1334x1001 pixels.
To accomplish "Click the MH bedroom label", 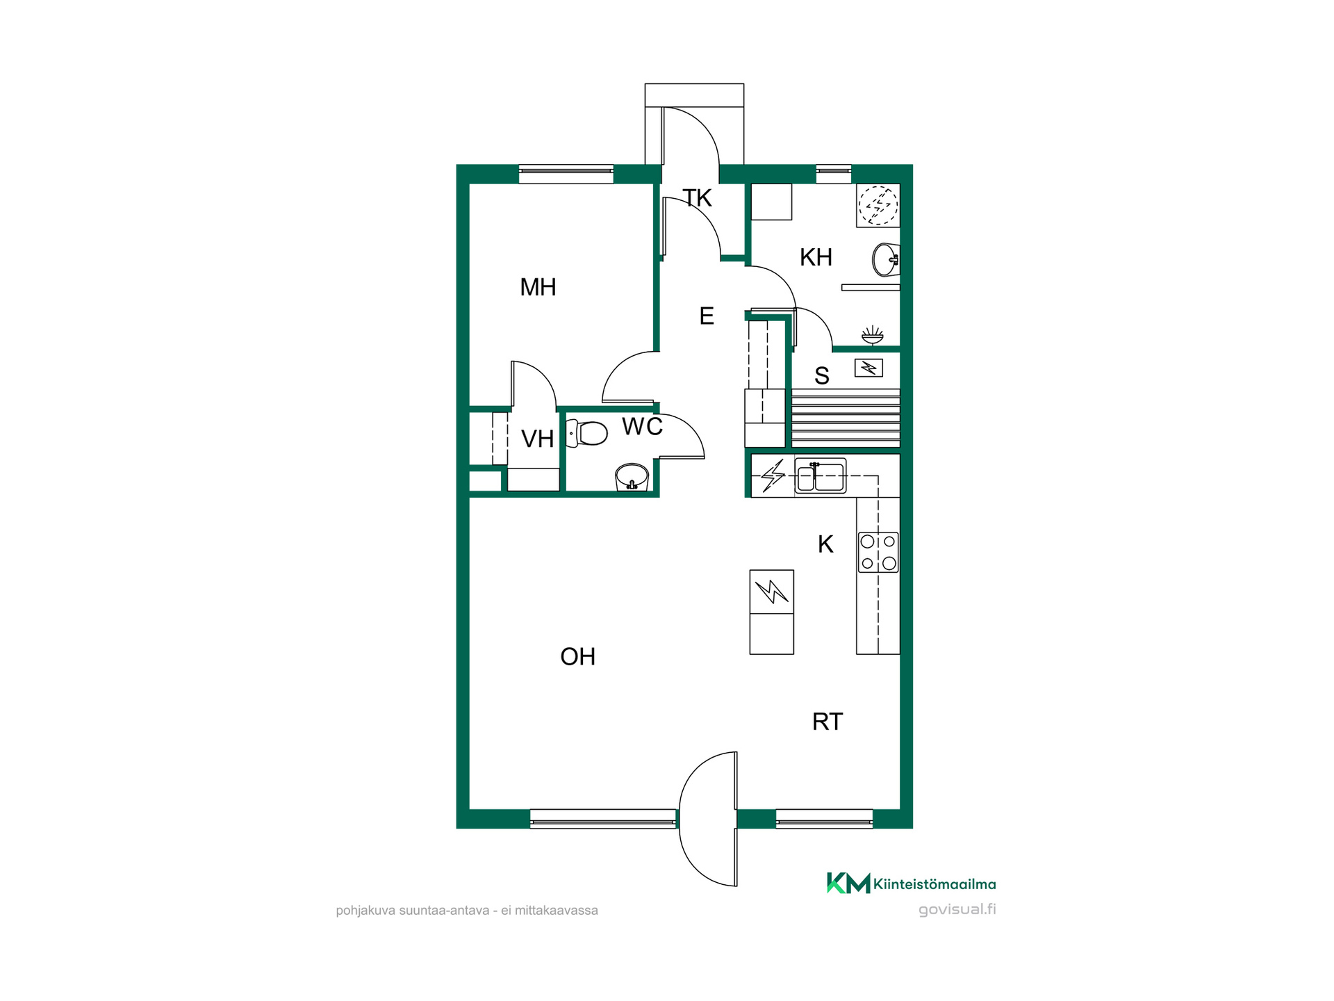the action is click(538, 287).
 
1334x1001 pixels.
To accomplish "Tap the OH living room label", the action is click(577, 657).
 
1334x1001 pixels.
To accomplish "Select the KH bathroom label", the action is click(816, 257).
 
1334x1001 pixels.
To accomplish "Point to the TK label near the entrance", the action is click(697, 198).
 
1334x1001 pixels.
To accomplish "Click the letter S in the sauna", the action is click(822, 376).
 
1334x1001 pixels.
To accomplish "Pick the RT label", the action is click(827, 722).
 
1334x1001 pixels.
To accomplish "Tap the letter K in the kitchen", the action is click(825, 544).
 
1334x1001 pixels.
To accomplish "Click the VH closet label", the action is click(537, 439).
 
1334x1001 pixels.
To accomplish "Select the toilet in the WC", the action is click(587, 433).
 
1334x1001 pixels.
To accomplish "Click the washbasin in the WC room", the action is click(632, 478).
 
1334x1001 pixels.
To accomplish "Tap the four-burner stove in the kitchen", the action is click(878, 553).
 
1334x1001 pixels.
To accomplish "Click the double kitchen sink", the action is click(821, 476).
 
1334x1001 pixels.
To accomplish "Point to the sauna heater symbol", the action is click(868, 368).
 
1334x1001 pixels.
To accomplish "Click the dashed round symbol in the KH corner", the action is click(878, 205).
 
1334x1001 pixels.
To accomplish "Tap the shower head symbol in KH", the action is click(872, 335).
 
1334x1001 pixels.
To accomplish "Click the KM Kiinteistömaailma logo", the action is click(911, 883).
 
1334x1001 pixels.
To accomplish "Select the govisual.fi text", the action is click(957, 909).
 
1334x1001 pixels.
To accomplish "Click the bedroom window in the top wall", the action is click(566, 174).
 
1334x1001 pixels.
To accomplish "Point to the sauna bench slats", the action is click(846, 418).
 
